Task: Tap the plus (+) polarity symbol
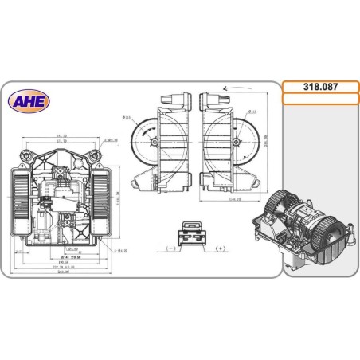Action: coord(221,249)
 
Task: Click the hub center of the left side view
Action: coord(153,143)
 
